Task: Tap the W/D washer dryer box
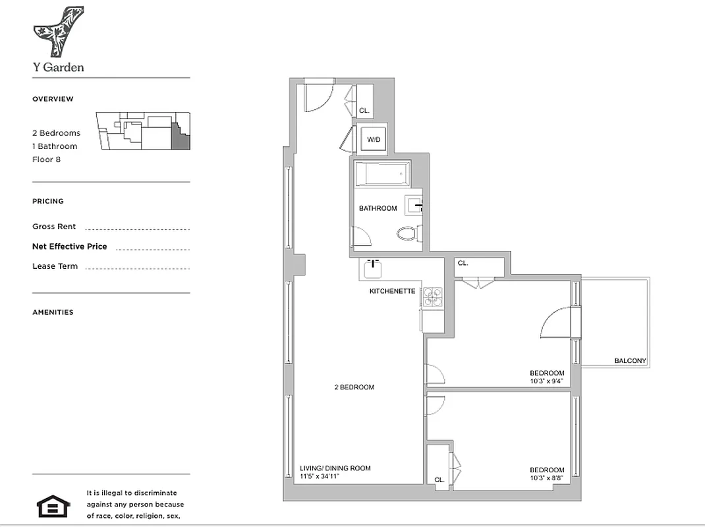click(x=374, y=139)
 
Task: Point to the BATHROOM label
click(x=378, y=208)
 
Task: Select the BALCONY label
click(x=630, y=361)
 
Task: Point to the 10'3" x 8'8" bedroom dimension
click(x=546, y=478)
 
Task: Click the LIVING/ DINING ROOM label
click(x=335, y=468)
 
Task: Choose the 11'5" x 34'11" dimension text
click(x=319, y=476)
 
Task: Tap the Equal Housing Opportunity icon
click(x=49, y=507)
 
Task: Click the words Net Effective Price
click(x=69, y=246)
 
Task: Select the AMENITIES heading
click(x=53, y=312)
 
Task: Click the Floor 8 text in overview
click(x=46, y=159)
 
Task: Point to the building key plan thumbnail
click(x=143, y=131)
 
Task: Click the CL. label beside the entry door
click(x=364, y=111)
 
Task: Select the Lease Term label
click(x=55, y=266)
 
